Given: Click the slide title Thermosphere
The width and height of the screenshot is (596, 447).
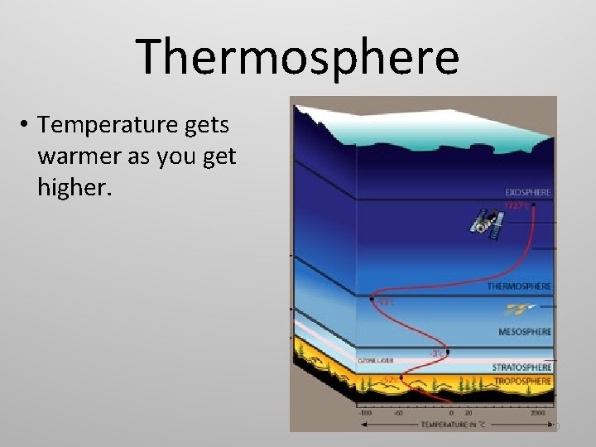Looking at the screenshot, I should pos(298,56).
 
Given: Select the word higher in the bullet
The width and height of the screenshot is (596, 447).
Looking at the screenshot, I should pos(72,188).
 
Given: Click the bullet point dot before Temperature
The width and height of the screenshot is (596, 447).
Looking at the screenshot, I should pos(26,126).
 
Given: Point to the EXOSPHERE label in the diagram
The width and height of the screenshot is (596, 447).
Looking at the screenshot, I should pos(527,193).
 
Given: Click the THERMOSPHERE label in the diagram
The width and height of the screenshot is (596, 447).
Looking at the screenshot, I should pos(519,286).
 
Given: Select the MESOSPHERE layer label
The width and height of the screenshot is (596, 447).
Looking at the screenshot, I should pos(525,332).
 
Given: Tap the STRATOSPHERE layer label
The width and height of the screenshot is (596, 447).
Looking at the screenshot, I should pos(521,367).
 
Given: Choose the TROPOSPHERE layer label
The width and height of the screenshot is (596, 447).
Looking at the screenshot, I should pos(522,381).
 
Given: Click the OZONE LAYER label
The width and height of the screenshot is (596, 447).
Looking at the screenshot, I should pos(375,361).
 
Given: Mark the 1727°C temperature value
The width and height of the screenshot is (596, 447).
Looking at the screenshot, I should pos(516,204).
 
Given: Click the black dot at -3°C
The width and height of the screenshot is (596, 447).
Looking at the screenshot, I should pos(448,352).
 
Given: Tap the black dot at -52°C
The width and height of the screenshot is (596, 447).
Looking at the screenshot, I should pos(401,377).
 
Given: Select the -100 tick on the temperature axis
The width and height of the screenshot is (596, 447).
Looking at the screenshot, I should pos(365,411).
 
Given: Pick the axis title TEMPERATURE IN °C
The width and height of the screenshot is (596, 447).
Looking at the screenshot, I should pos(453,424).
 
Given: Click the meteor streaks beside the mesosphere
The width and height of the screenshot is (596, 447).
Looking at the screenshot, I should pos(518,310).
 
